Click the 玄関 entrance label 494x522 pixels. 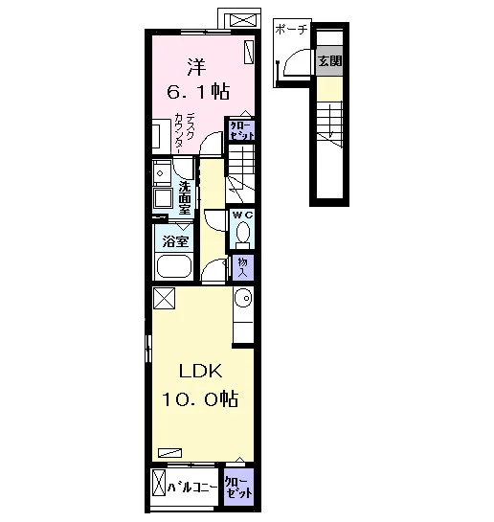329,61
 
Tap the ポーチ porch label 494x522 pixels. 291,30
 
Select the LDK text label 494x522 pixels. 201,371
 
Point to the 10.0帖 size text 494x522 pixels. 200,398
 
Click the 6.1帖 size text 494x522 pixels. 198,91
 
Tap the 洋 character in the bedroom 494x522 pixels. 196,67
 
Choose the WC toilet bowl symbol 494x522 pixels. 243,232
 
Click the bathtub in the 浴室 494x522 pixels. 174,266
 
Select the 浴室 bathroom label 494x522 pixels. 175,241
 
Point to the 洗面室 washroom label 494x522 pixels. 185,197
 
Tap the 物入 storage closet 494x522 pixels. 243,267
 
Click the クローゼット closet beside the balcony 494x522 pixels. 238,488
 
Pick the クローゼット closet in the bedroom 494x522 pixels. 241,130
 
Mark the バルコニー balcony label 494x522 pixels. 191,488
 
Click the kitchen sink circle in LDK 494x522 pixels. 244,298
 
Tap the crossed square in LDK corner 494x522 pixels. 164,298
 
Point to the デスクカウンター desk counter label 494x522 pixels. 185,133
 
